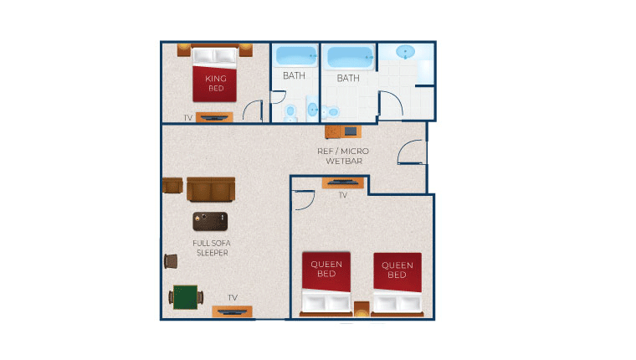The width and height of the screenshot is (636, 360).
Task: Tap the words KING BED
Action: click(215, 83)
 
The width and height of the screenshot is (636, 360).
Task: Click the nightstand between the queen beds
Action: click(362, 307)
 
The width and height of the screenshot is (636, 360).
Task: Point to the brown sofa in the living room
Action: click(212, 189)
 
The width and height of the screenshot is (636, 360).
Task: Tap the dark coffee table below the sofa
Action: click(210, 221)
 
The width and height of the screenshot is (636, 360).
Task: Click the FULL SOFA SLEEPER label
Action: click(211, 248)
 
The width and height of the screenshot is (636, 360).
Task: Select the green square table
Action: click(184, 296)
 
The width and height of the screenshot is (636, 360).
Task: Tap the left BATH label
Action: click(294, 75)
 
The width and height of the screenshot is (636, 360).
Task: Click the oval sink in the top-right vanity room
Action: click(406, 52)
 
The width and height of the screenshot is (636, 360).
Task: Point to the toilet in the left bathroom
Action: click(291, 111)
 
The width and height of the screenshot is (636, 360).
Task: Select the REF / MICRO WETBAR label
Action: click(343, 156)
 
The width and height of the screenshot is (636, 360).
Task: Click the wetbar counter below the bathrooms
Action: click(342, 131)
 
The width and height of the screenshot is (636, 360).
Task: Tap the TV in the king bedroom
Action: click(214, 117)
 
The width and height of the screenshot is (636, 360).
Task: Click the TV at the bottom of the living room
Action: click(232, 311)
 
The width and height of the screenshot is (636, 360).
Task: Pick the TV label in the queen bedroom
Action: click(343, 195)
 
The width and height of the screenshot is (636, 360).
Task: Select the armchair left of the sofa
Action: click(172, 185)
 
